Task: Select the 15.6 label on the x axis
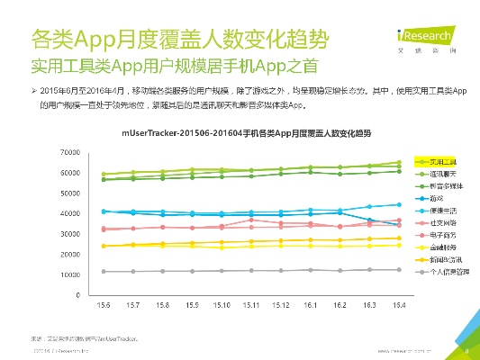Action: [x=104, y=306]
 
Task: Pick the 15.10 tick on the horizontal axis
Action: [x=222, y=306]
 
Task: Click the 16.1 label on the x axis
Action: [x=310, y=306]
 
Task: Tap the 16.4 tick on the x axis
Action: [x=398, y=306]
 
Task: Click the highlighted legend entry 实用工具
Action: [x=442, y=158]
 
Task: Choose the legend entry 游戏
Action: [x=435, y=196]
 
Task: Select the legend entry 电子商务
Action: [x=442, y=233]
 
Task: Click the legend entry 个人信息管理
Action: [x=448, y=270]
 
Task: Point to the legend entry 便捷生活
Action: [x=442, y=208]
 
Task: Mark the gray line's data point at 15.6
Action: [x=104, y=271]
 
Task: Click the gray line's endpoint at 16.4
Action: [x=398, y=269]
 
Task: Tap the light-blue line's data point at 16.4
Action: [x=398, y=204]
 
